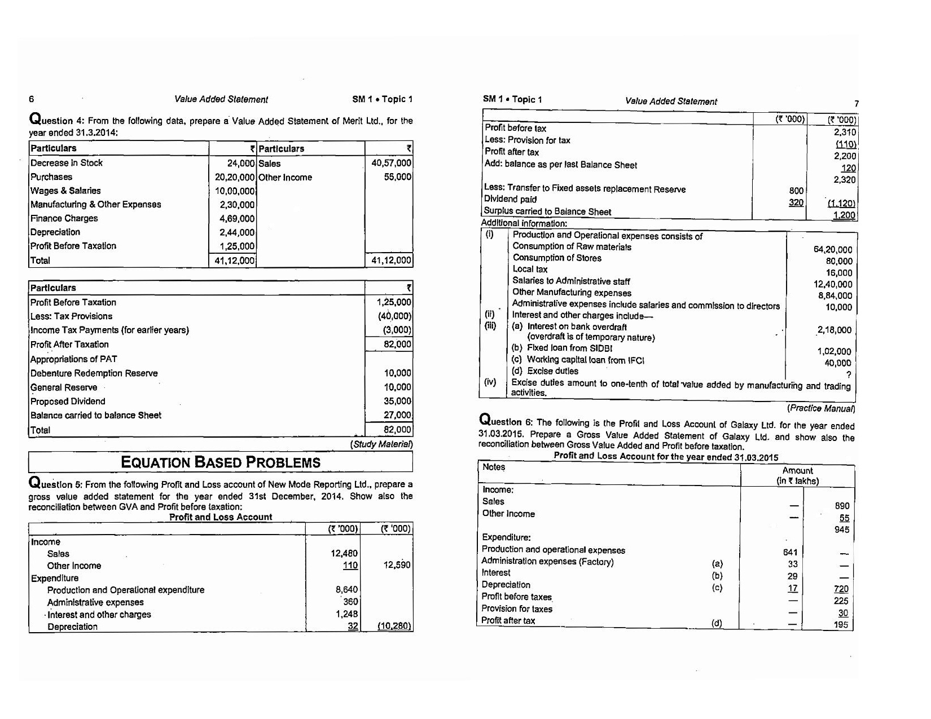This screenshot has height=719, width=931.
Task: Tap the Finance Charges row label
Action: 64,218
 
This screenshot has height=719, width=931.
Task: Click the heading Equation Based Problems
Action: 221,462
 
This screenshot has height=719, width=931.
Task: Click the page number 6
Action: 32,99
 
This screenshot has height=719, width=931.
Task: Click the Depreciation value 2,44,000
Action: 237,232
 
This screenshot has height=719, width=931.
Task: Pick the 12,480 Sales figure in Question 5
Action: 344,554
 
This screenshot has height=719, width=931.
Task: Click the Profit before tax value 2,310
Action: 845,132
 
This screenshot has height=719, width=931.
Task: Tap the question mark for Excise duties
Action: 849,375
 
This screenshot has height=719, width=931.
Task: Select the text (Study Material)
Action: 382,444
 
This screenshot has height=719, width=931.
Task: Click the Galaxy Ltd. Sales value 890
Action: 842,506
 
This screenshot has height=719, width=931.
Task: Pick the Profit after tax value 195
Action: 841,625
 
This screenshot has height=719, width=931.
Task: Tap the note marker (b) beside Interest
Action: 717,576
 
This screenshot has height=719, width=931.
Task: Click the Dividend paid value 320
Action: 796,202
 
